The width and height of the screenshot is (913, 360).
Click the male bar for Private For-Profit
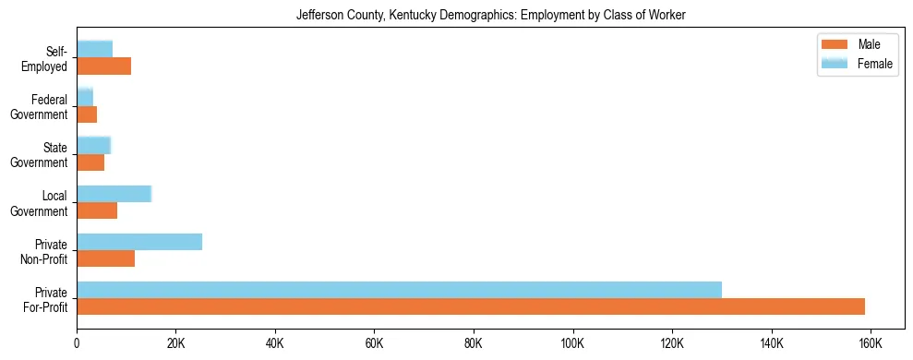(471, 306)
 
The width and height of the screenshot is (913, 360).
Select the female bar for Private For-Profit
(399, 290)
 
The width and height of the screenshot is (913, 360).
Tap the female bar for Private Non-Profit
(139, 242)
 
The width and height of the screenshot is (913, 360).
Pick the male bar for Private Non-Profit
(106, 258)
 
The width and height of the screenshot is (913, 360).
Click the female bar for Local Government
(114, 194)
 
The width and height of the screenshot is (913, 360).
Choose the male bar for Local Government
(97, 210)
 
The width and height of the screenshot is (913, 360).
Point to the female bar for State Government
(93, 145)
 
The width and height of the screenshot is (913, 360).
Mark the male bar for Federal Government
(87, 114)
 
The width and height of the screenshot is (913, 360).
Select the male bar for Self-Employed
(103, 66)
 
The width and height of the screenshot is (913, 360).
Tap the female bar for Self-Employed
(94, 49)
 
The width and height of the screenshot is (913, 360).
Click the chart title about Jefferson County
(490, 16)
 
